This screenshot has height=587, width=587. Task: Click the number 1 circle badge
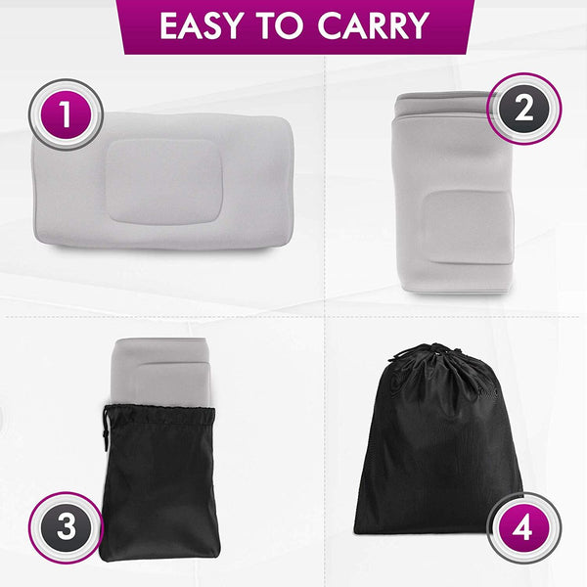point(66,117)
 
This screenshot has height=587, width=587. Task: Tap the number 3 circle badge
point(66,526)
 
